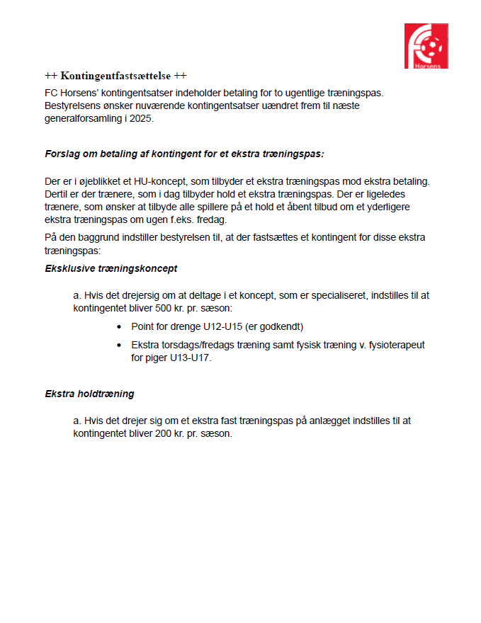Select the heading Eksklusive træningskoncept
click(111, 269)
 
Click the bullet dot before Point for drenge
click(118, 327)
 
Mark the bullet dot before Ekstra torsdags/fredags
click(118, 345)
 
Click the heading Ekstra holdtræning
click(89, 394)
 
